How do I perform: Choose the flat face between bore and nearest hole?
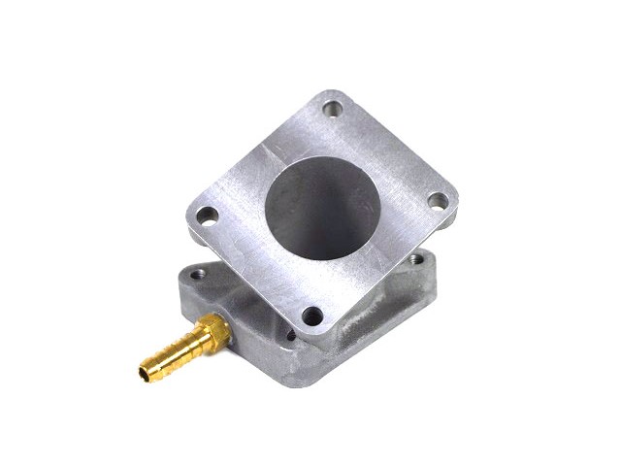click(x=315, y=282)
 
